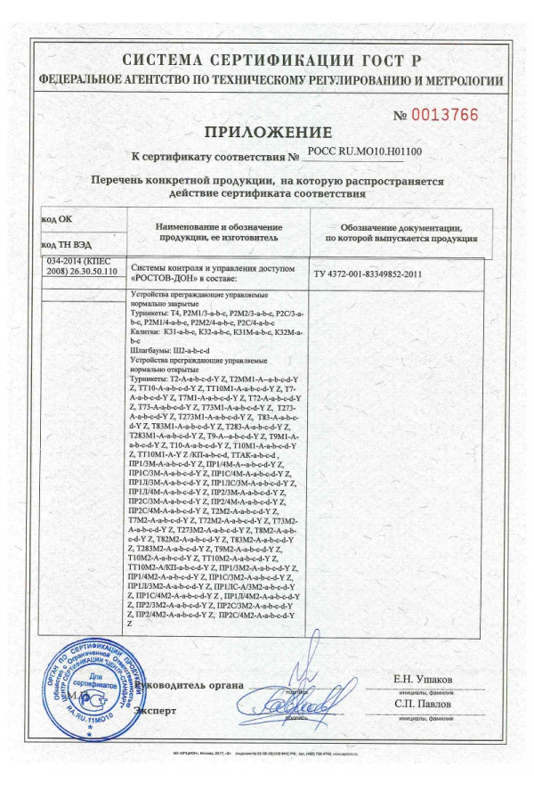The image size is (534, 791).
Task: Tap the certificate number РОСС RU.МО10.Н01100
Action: click(x=364, y=152)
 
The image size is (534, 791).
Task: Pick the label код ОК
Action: click(x=57, y=219)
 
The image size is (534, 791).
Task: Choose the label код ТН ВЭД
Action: click(x=66, y=243)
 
